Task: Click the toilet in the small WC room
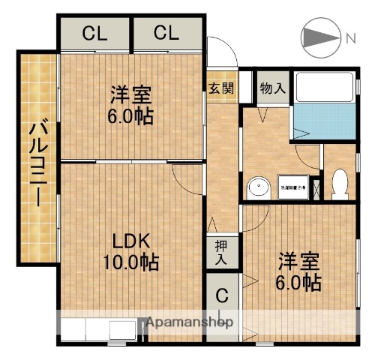(x=340, y=182)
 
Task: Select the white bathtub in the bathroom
(x=324, y=88)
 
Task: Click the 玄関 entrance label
(x=221, y=87)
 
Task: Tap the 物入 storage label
(x=272, y=88)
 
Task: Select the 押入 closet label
(x=222, y=253)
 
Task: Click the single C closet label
(x=222, y=295)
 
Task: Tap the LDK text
(x=132, y=241)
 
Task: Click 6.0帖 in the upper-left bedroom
(x=131, y=116)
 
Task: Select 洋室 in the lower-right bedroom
(x=299, y=262)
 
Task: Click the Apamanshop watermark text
(x=190, y=322)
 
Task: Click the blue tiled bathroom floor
(x=324, y=120)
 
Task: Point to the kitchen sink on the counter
(x=120, y=330)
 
